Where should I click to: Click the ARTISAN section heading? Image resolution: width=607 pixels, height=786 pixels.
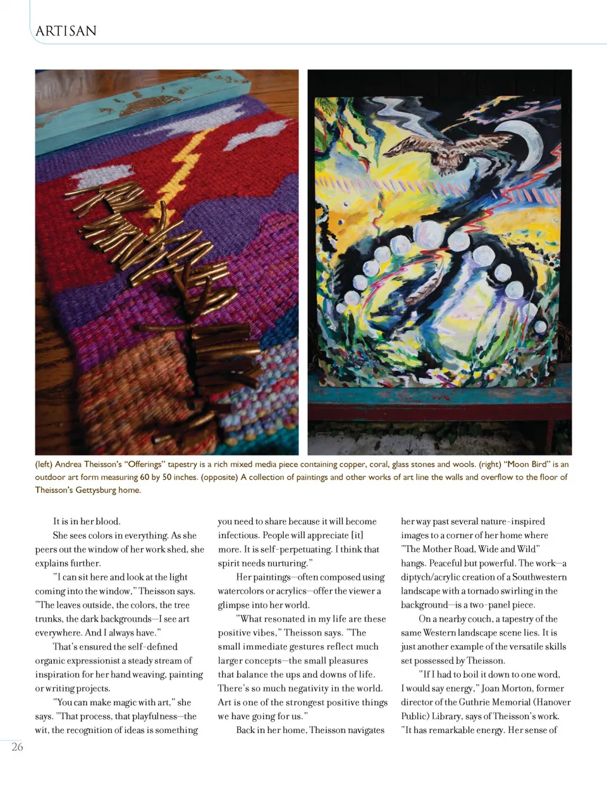(66, 31)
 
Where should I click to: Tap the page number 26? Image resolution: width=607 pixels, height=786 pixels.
(17, 747)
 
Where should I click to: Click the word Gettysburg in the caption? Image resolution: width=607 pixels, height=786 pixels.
(96, 490)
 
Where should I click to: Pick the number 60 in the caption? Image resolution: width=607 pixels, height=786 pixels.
(145, 477)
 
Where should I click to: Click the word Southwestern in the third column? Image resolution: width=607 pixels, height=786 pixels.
(539, 577)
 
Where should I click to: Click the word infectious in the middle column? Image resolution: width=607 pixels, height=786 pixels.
(238, 535)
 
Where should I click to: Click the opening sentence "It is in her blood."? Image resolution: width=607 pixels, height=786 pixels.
(87, 521)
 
